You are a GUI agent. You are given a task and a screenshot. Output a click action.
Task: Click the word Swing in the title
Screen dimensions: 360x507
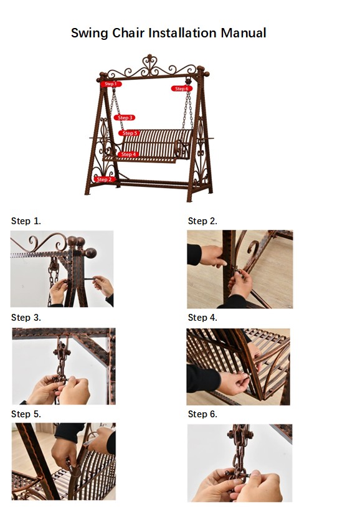[90, 34]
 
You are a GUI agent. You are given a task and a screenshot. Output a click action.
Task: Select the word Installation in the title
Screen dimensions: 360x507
[182, 33]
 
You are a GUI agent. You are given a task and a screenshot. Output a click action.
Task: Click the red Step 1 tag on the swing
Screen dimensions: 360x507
[111, 84]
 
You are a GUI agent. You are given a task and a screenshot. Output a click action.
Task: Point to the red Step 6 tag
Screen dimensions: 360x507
[182, 88]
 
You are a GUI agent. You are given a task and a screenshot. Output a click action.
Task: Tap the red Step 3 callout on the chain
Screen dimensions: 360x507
[125, 118]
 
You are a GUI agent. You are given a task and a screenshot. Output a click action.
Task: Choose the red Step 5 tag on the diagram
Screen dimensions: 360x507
[129, 133]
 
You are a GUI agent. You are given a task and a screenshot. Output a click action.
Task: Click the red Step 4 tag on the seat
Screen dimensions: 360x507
[128, 154]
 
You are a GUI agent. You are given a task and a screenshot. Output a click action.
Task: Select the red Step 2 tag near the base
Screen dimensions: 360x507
[105, 179]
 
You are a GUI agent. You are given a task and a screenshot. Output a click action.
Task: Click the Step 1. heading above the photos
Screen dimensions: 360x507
[26, 221]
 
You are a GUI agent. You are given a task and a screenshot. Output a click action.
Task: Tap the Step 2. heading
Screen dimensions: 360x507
[202, 221]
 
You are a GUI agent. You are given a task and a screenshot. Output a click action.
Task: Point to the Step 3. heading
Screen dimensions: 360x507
[26, 318]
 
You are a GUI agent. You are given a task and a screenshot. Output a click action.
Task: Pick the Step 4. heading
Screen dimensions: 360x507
[202, 318]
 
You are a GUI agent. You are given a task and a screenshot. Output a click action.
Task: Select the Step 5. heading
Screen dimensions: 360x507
[26, 414]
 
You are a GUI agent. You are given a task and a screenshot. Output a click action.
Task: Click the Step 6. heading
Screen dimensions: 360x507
[202, 414]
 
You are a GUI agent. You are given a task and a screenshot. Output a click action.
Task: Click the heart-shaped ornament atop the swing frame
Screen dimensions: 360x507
[149, 65]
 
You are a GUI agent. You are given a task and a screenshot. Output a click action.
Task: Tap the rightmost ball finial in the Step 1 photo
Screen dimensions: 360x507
[91, 252]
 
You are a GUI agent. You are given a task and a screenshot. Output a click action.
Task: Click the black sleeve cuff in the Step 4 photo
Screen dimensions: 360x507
[203, 378]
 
